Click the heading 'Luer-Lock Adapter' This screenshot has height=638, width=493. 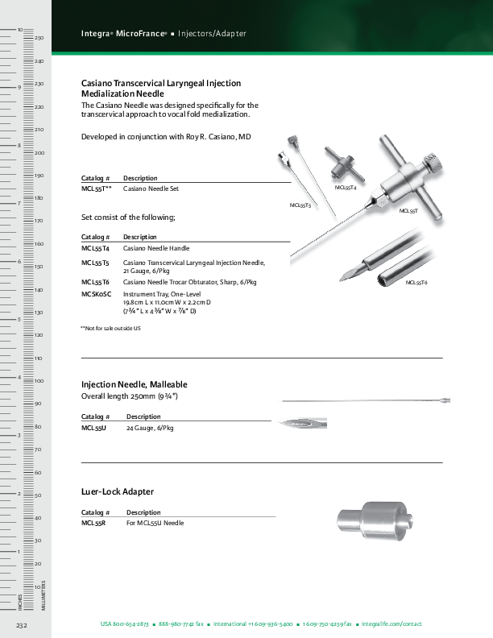118,491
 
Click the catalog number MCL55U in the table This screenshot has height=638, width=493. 93,429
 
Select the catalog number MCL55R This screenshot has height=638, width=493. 93,523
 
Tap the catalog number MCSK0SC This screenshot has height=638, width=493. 96,295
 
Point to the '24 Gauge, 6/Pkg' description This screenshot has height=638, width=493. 150,429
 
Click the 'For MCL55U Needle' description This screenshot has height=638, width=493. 155,523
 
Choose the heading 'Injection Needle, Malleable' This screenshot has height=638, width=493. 135,385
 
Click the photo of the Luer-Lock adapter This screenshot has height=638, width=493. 374,520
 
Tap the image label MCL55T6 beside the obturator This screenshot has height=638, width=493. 416,283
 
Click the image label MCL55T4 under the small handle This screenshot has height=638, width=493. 345,187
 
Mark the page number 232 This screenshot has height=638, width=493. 22,625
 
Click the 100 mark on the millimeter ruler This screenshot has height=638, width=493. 38,380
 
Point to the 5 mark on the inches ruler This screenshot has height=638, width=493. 19,320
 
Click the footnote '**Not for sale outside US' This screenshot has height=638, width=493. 110,329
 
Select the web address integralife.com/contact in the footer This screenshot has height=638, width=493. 392,624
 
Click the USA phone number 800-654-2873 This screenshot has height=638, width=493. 130,624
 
